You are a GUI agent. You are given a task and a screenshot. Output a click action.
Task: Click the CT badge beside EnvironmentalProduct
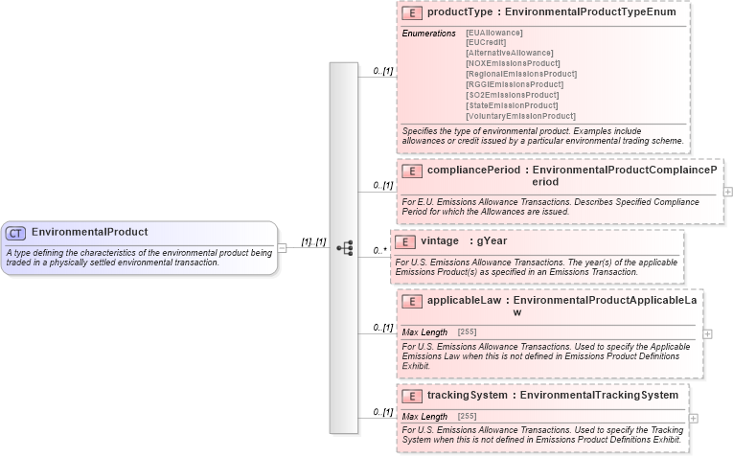click(15, 232)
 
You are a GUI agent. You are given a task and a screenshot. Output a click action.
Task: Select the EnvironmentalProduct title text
click(89, 232)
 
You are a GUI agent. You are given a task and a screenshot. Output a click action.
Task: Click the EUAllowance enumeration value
click(494, 33)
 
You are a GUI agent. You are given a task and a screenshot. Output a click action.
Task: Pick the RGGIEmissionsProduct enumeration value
click(514, 84)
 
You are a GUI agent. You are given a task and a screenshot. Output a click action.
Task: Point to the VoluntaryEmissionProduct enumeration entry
click(520, 116)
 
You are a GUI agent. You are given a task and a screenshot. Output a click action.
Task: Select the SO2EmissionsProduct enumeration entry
click(512, 95)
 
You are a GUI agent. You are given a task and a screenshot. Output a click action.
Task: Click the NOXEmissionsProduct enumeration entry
click(513, 63)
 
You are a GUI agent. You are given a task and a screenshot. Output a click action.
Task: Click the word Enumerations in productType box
click(428, 34)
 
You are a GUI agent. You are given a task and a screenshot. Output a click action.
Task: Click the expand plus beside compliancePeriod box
click(728, 192)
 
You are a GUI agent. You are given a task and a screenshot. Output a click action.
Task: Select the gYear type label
click(492, 241)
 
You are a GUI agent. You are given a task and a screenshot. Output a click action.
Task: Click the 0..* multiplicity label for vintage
click(379, 251)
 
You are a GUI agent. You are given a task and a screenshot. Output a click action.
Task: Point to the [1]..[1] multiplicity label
click(314, 242)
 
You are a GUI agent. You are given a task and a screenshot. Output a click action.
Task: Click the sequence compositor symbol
click(344, 248)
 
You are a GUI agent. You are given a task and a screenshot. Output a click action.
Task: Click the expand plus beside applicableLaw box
click(708, 333)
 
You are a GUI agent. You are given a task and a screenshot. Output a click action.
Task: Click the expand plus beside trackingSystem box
click(694, 418)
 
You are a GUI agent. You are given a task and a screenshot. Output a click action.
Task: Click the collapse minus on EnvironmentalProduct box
click(282, 248)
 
